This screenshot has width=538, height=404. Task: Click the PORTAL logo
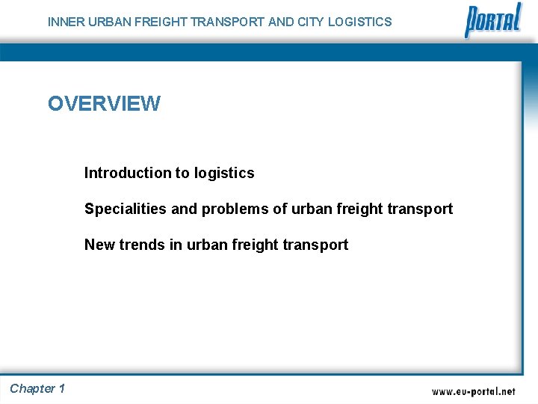pyautogui.click(x=492, y=20)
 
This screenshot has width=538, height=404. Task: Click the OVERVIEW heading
pyautogui.click(x=104, y=103)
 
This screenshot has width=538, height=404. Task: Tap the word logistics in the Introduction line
pyautogui.click(x=224, y=173)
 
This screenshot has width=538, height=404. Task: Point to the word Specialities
pyautogui.click(x=126, y=209)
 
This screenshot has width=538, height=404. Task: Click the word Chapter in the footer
pyautogui.click(x=32, y=388)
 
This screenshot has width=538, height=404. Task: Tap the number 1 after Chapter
pyautogui.click(x=61, y=388)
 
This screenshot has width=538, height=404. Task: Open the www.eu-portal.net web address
pyautogui.click(x=473, y=391)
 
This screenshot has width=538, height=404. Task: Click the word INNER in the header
pyautogui.click(x=66, y=22)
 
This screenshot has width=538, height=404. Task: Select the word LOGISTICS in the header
pyautogui.click(x=359, y=22)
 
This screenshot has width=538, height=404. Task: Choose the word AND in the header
pyautogui.click(x=280, y=22)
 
